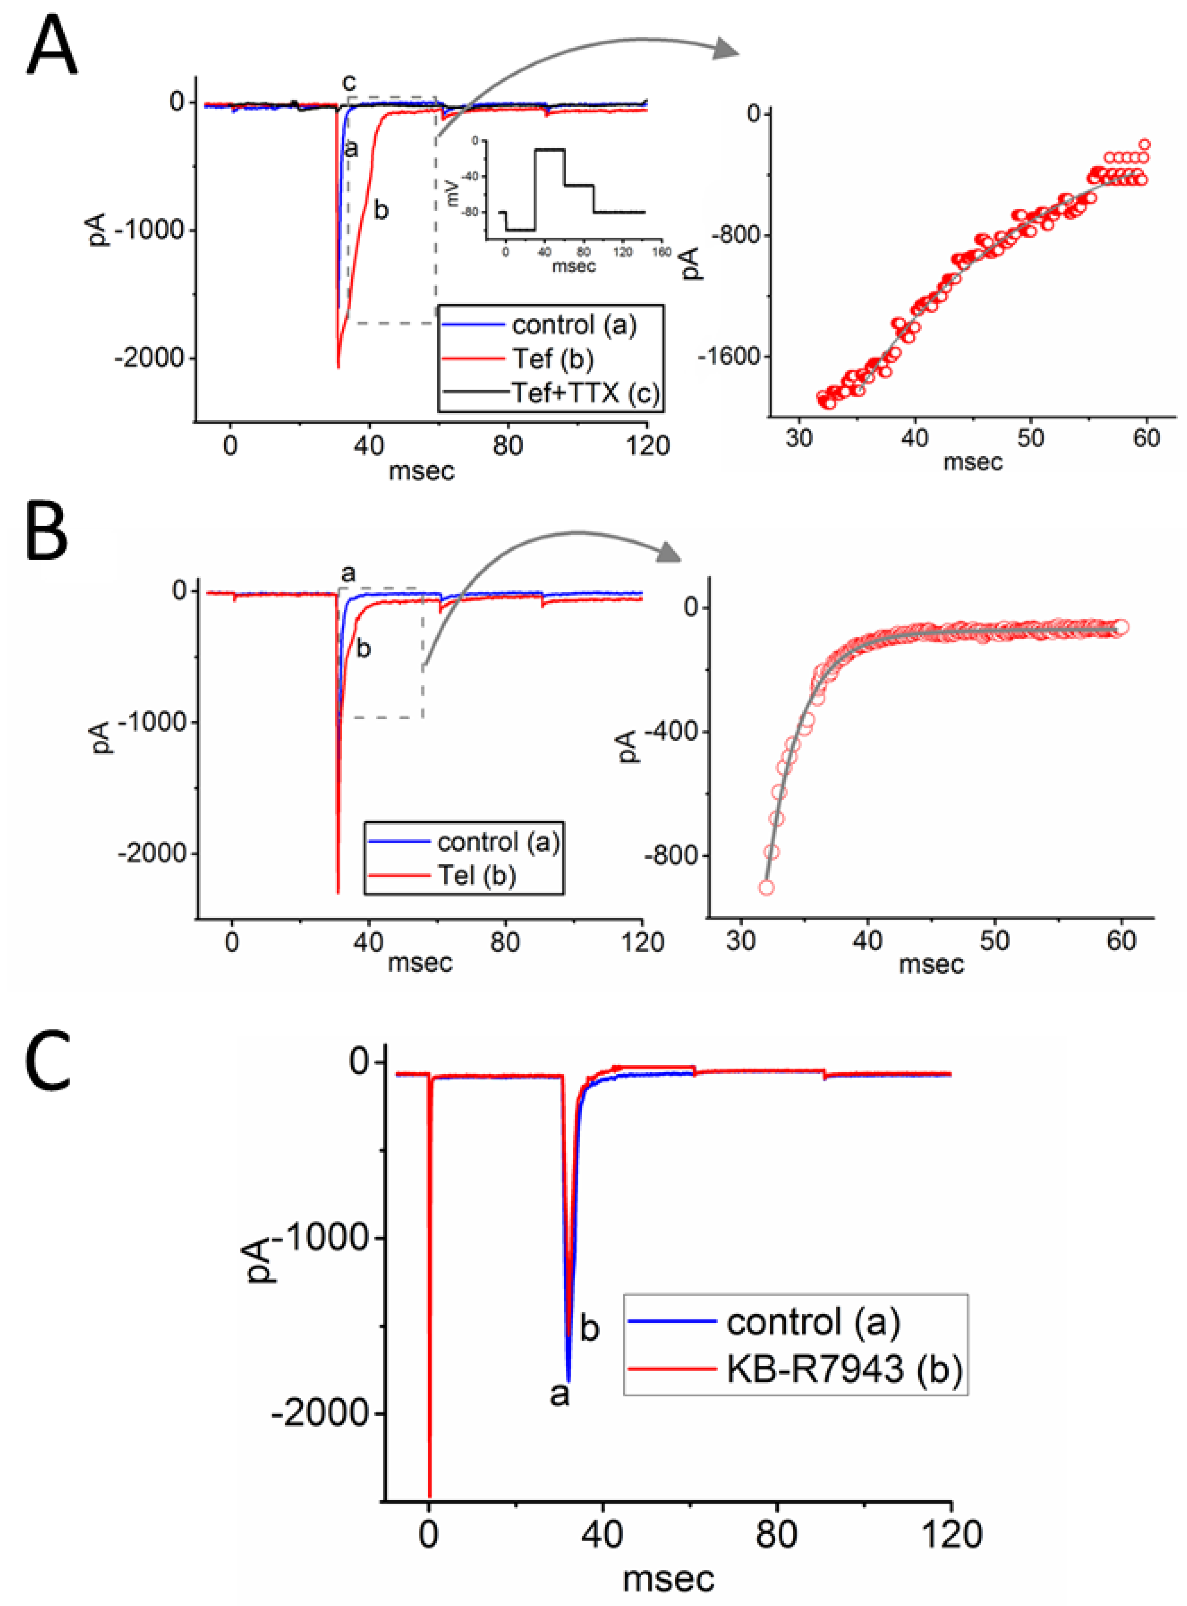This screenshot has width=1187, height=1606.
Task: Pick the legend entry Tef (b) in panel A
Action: [x=552, y=359]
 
